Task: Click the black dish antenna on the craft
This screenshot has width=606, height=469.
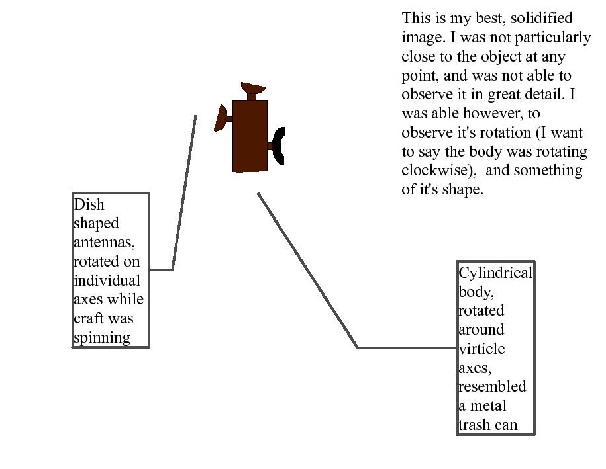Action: pyautogui.click(x=278, y=146)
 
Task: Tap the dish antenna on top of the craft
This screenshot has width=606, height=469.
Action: pyautogui.click(x=253, y=88)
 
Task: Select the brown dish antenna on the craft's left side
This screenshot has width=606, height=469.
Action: pyautogui.click(x=221, y=118)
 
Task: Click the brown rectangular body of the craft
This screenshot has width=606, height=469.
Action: pyautogui.click(x=250, y=136)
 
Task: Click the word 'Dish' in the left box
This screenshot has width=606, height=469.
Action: pyautogui.click(x=89, y=204)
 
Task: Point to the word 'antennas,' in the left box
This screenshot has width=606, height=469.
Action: pyautogui.click(x=104, y=242)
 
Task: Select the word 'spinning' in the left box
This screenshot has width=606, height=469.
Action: pyautogui.click(x=102, y=338)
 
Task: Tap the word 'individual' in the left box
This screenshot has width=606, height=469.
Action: pyautogui.click(x=107, y=280)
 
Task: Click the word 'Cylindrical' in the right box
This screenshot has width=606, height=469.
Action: pyautogui.click(x=495, y=273)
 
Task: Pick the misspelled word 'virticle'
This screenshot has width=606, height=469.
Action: pyautogui.click(x=481, y=349)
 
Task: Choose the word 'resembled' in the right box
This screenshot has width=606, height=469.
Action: pyautogui.click(x=492, y=386)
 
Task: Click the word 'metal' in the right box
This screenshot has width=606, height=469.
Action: pyautogui.click(x=488, y=405)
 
